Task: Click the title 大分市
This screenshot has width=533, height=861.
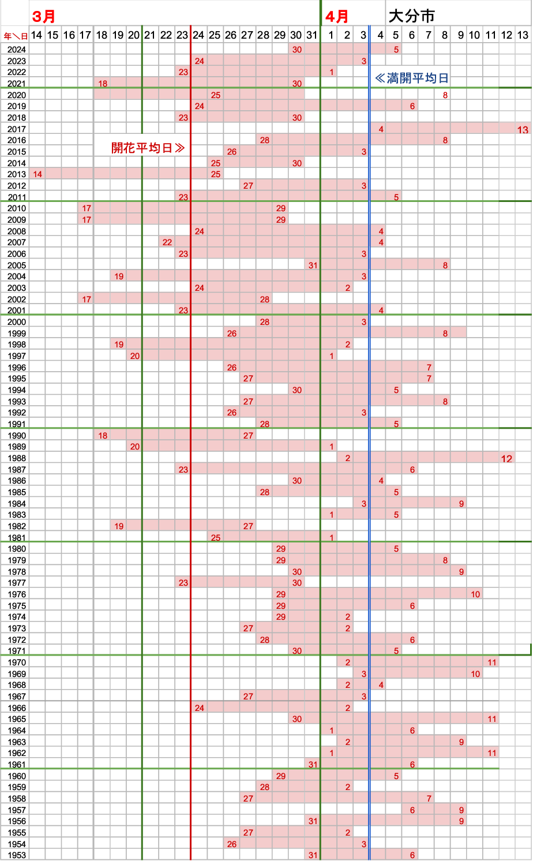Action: point(411,16)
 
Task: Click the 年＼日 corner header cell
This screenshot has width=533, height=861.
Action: point(16,36)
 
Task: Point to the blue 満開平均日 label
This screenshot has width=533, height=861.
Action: point(412,78)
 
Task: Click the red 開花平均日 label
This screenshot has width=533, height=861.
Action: point(148,148)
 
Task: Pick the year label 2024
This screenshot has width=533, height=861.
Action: point(17,50)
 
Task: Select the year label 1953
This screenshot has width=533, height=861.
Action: point(17,855)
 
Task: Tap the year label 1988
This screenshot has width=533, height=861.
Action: point(17,458)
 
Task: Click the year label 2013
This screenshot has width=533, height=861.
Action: point(17,174)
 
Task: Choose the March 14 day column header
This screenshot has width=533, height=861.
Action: point(36,35)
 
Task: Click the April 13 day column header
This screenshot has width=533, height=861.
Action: point(523,35)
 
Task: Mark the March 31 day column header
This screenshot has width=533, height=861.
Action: point(312,35)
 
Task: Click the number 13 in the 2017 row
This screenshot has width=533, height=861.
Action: point(523,129)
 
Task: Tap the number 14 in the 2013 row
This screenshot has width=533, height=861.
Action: point(37,174)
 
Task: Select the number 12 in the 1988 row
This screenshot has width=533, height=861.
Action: point(506,459)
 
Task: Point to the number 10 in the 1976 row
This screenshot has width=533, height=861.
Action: point(475,594)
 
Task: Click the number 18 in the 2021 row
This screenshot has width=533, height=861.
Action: point(103,84)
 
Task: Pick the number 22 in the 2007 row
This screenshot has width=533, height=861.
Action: point(167,242)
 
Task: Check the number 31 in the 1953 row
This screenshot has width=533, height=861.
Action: point(313,855)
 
